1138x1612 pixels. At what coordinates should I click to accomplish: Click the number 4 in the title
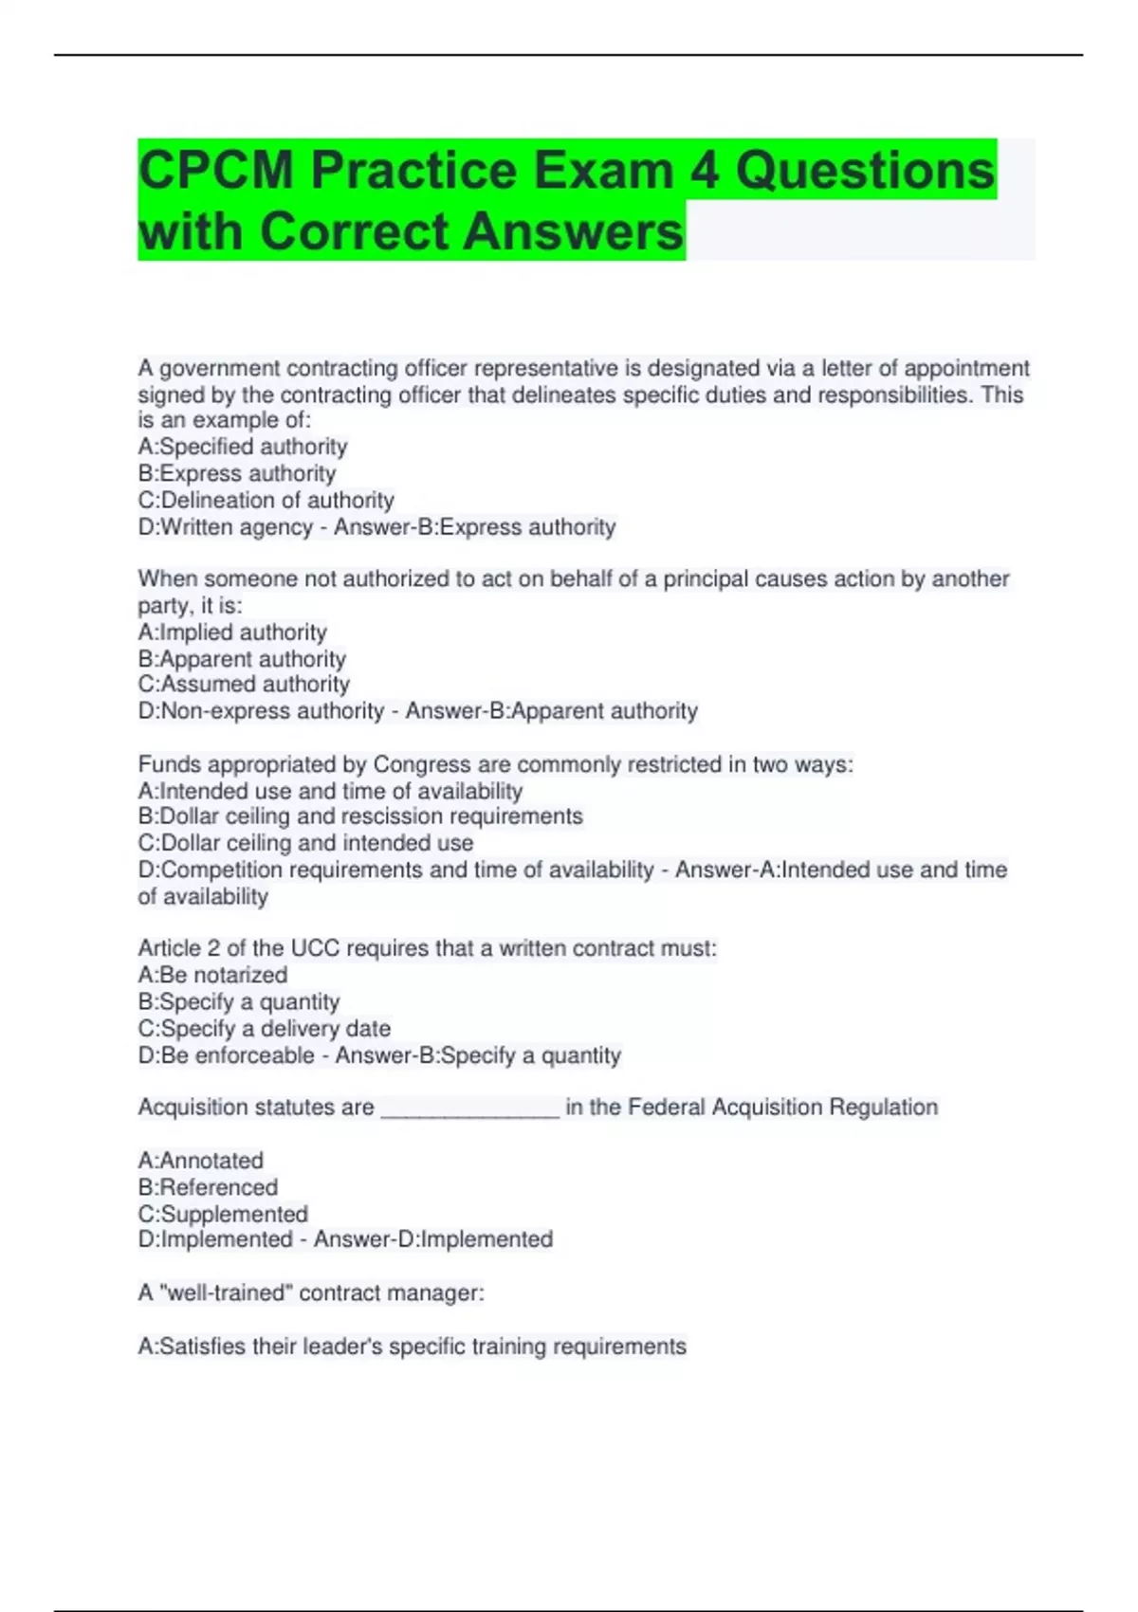coord(704,171)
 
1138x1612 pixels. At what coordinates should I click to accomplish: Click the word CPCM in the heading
coord(216,171)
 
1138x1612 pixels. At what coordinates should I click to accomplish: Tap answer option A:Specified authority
coord(243,447)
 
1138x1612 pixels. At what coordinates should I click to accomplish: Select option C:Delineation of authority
coord(266,500)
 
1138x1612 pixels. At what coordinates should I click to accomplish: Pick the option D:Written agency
coord(225,527)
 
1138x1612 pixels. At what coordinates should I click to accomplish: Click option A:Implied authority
coord(232,632)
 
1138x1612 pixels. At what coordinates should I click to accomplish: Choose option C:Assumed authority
coord(244,685)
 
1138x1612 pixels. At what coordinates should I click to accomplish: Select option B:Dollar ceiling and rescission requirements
coord(360,816)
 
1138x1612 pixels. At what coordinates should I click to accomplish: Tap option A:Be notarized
coord(212,975)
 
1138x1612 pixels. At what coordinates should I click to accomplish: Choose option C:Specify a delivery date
coord(264,1029)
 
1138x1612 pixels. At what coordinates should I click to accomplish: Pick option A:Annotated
coord(200,1161)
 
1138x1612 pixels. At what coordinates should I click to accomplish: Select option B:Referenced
coord(208,1187)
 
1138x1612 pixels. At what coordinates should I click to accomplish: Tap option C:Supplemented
coord(223,1214)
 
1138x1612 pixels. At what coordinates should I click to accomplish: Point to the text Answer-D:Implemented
coord(433,1239)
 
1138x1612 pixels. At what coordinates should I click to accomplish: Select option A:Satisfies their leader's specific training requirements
coord(412,1346)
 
